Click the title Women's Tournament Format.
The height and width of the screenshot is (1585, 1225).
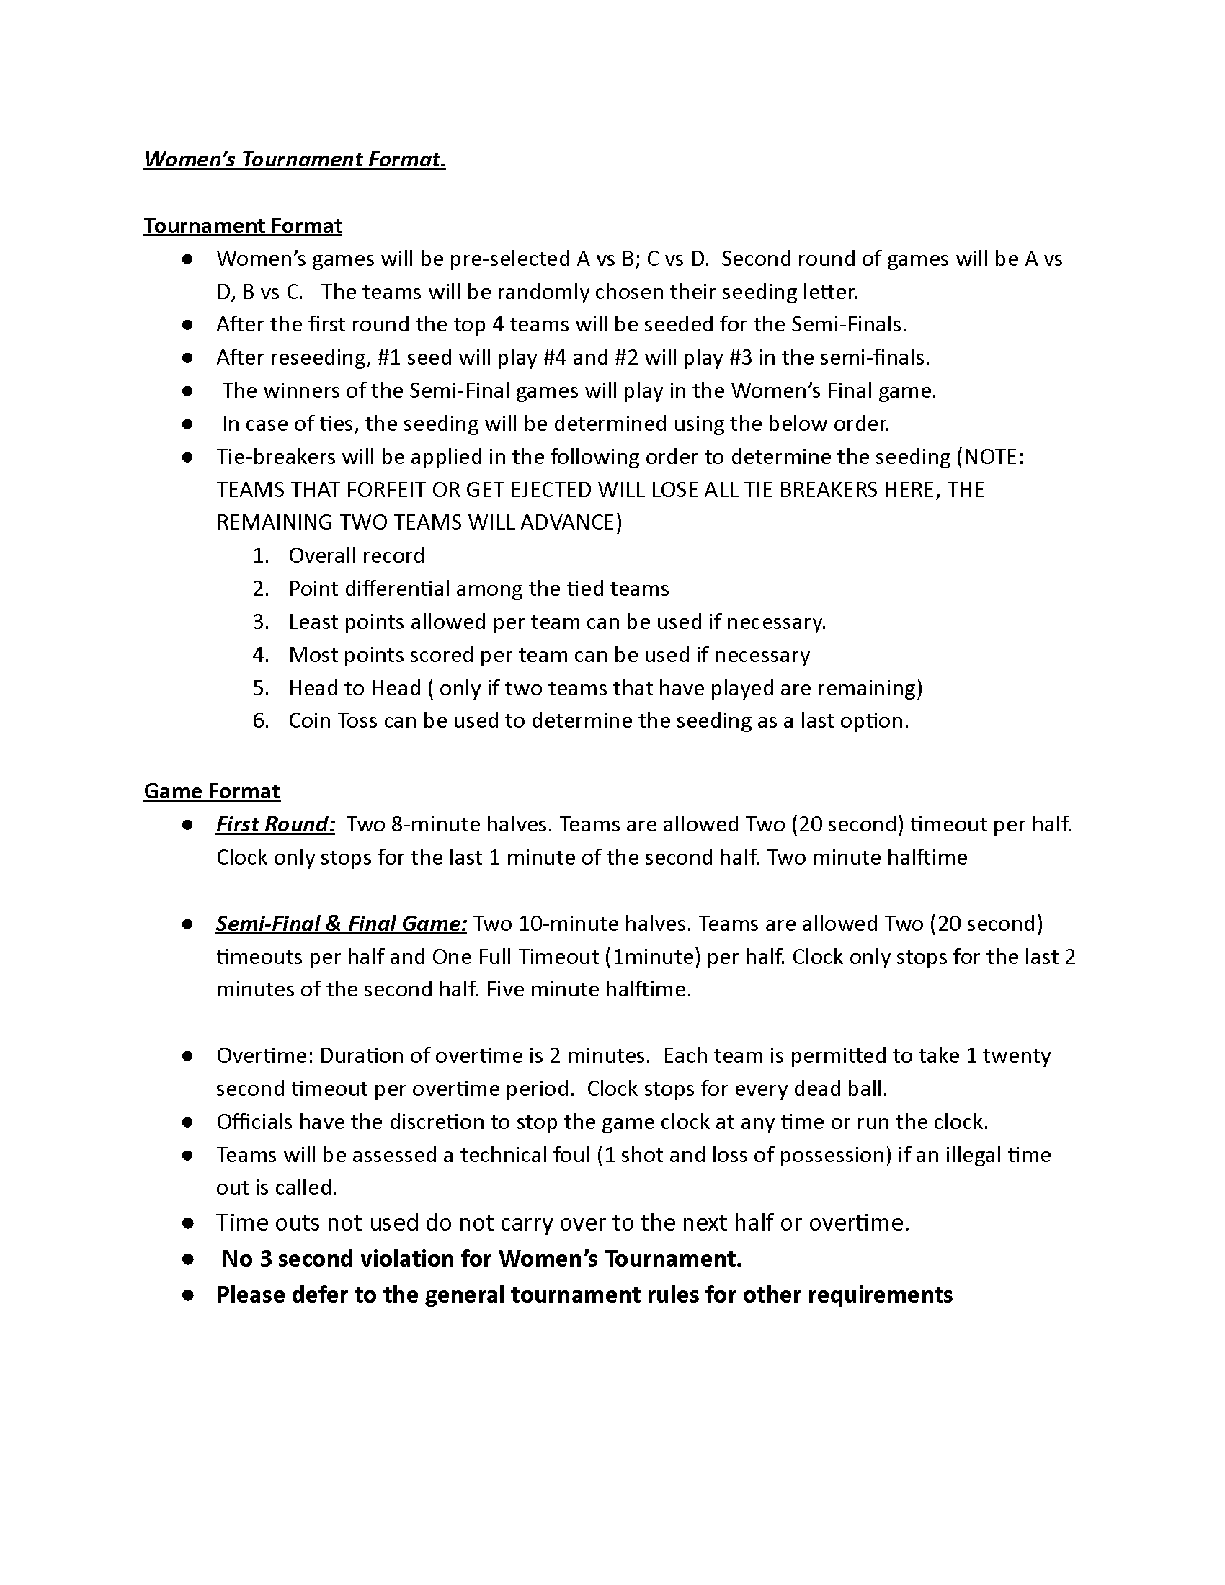pyautogui.click(x=295, y=159)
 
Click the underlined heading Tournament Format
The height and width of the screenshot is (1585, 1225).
pyautogui.click(x=242, y=226)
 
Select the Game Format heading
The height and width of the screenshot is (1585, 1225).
pyautogui.click(x=211, y=791)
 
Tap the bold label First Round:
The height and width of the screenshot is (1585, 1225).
pyautogui.click(x=275, y=824)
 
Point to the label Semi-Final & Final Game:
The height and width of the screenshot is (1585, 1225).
pyautogui.click(x=341, y=923)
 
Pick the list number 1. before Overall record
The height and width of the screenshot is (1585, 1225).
pyautogui.click(x=261, y=556)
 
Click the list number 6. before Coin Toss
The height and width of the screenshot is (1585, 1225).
pyautogui.click(x=261, y=720)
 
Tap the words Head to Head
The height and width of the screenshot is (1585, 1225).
pyautogui.click(x=354, y=688)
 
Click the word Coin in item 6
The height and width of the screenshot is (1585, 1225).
pyautogui.click(x=310, y=720)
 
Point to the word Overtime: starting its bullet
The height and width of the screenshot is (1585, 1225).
pyautogui.click(x=264, y=1055)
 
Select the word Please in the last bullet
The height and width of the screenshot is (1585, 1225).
pyautogui.click(x=249, y=1295)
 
